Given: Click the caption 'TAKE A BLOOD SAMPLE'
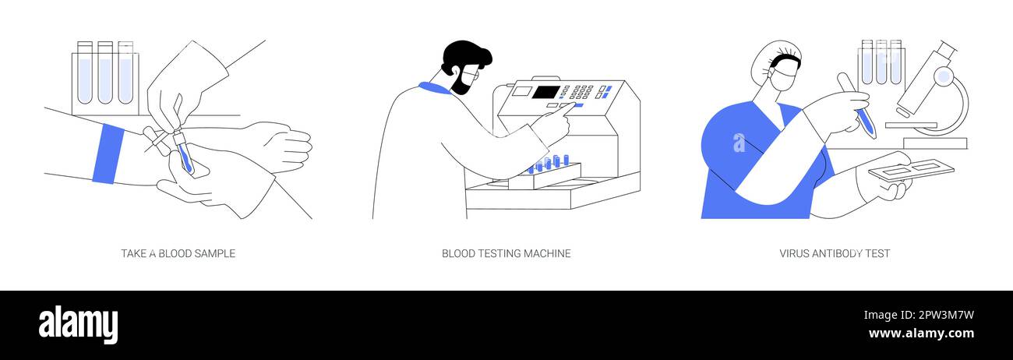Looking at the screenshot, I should click(x=178, y=253).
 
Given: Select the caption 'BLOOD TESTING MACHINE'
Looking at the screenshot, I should click(x=506, y=253).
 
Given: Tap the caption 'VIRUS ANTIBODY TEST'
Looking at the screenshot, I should click(x=835, y=253).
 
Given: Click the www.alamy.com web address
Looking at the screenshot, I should click(x=921, y=334).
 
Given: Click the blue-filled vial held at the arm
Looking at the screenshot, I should click(x=184, y=156).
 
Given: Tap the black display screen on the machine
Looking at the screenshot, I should click(x=545, y=92).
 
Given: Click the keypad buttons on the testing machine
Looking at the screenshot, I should click(x=581, y=93).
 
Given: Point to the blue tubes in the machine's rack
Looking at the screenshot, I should click(x=549, y=163).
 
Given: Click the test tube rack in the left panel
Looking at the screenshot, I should click(x=105, y=78).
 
